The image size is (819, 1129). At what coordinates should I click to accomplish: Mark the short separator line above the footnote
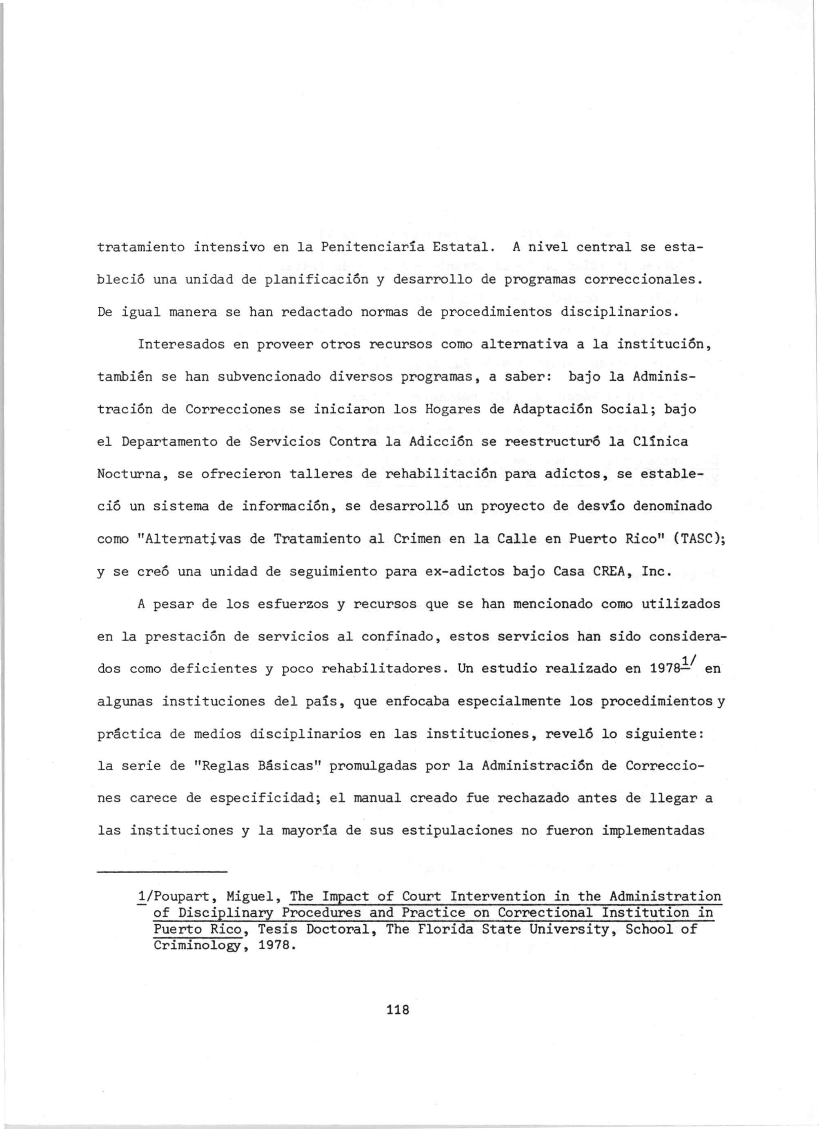click(x=162, y=871)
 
